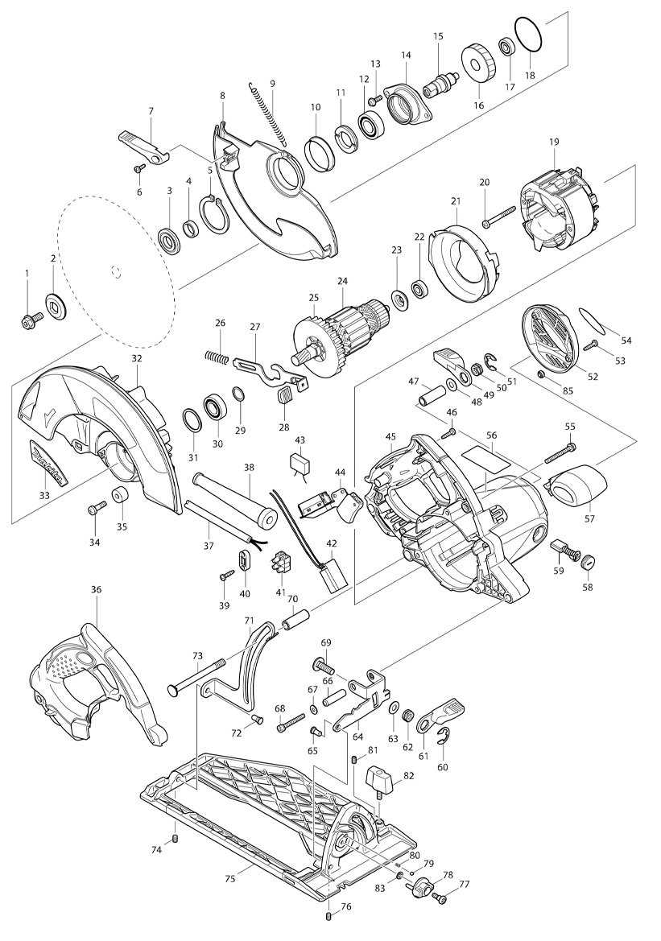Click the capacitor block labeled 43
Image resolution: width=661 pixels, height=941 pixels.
(x=302, y=464)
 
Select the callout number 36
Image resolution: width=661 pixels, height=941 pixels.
(x=97, y=589)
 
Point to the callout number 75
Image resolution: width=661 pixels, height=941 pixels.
(x=230, y=879)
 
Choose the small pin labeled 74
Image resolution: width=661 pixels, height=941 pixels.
(x=176, y=839)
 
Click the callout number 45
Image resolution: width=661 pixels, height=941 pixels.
(x=390, y=438)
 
